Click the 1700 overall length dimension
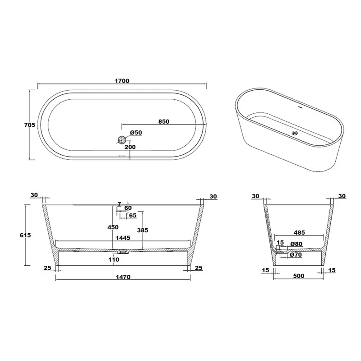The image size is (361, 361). point(122,81)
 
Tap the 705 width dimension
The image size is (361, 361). point(30,125)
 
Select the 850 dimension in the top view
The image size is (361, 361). point(164,121)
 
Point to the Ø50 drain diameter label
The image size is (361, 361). point(136,133)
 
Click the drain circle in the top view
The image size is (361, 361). point(121,139)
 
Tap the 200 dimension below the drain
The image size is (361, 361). point(130,147)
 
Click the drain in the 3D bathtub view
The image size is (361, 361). point(295,133)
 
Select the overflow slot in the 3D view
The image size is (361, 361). point(300,107)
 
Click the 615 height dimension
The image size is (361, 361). point(25,235)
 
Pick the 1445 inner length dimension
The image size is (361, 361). point(123,238)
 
